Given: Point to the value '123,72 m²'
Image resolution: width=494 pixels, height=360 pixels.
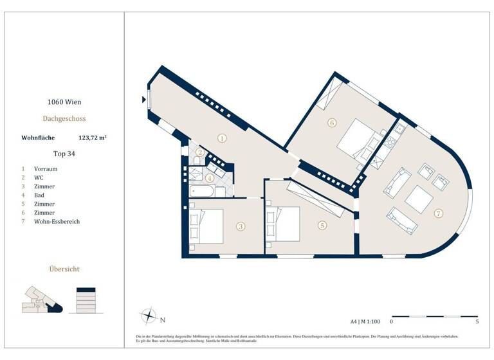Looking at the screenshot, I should pos(92,137).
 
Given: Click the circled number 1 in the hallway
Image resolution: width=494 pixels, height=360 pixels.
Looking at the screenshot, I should pos(222,138).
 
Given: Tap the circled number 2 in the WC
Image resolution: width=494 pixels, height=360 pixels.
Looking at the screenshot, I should pos(201,152).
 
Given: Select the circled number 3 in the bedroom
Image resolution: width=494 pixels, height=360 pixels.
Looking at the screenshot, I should pos(240,226).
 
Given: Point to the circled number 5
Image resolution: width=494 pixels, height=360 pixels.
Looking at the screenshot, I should pos(322,225).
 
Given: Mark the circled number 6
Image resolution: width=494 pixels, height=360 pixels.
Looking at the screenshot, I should pos(332,122).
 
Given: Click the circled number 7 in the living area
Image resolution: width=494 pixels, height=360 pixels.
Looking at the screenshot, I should pos(439,213).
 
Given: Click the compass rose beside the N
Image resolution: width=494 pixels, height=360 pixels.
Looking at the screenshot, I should pos(149,316).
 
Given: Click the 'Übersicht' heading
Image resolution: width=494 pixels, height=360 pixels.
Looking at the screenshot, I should pos(64,269).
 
